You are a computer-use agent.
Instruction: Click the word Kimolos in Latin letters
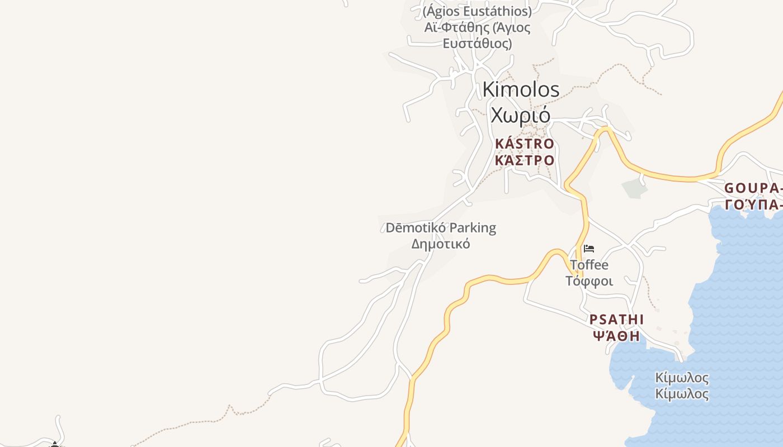[x=521, y=89]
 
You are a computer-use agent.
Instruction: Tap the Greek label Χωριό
[x=520, y=115]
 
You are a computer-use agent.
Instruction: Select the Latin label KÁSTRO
[x=524, y=144]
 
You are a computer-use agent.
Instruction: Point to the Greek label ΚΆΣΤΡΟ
[x=524, y=160]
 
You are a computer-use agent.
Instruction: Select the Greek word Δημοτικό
[x=441, y=244]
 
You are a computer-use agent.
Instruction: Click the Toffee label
[x=589, y=265]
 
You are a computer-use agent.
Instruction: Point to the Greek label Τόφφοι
[x=589, y=281]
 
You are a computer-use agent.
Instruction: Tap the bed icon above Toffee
[x=588, y=249]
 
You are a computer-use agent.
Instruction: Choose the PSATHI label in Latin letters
[x=616, y=320]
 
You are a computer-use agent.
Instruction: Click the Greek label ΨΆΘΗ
[x=616, y=336]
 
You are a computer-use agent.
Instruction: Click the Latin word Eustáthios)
[x=501, y=11]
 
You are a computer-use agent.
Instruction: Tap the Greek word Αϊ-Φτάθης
[x=452, y=27]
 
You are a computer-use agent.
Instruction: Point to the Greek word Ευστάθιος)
[x=477, y=44]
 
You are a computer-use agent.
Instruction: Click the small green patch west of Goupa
[x=634, y=188]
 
